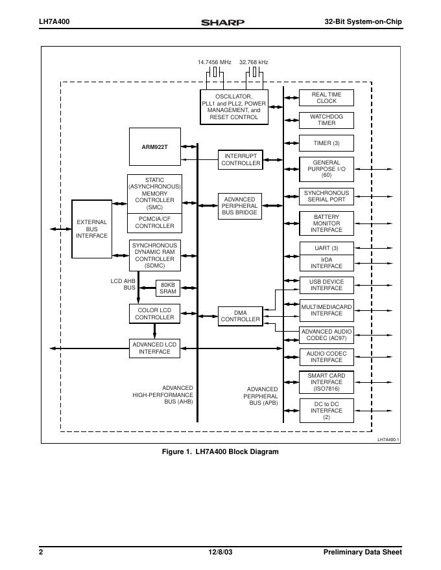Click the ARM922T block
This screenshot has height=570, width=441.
pyautogui.click(x=154, y=146)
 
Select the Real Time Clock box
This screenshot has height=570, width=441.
pyautogui.click(x=326, y=98)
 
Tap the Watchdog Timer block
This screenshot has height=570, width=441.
pyautogui.click(x=326, y=120)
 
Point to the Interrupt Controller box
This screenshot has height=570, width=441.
pyautogui.click(x=241, y=160)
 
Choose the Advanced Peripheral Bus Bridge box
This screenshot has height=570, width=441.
pyautogui.click(x=239, y=206)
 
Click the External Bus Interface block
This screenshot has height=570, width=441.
pyautogui.click(x=91, y=229)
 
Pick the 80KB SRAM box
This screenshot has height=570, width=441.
pyautogui.click(x=168, y=288)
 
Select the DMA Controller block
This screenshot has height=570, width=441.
pyautogui.click(x=240, y=316)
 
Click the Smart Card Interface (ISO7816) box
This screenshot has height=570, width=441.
pyautogui.click(x=326, y=382)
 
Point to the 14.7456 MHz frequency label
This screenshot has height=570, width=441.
pyautogui.click(x=215, y=62)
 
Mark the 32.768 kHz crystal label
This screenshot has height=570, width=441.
pyautogui.click(x=254, y=62)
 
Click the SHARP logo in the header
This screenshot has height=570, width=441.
pyautogui.click(x=222, y=22)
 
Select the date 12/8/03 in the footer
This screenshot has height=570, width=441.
pyautogui.click(x=220, y=552)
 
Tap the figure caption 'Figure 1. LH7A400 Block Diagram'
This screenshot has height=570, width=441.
pyautogui.click(x=220, y=451)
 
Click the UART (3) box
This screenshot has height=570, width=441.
pyautogui.click(x=326, y=248)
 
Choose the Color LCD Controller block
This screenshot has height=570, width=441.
pyautogui.click(x=154, y=314)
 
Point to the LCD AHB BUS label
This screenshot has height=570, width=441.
pyautogui.click(x=123, y=284)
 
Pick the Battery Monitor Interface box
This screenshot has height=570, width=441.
pyautogui.click(x=326, y=223)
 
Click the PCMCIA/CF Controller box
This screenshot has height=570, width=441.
pyautogui.click(x=154, y=222)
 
